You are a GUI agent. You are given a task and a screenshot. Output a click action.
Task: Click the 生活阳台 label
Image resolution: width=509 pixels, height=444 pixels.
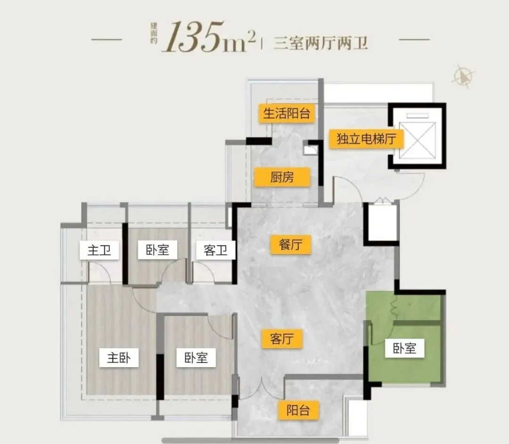pos(287,114)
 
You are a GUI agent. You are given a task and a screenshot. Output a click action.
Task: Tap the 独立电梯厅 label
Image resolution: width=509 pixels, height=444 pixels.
pos(366,139)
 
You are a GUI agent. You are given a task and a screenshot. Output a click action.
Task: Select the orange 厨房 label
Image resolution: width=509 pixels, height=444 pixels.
pos(282,177)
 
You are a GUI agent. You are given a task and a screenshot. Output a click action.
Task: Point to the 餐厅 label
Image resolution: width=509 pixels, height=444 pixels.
pos(291,245)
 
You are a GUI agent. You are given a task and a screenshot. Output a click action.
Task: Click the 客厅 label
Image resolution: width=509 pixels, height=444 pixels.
pos(282,339)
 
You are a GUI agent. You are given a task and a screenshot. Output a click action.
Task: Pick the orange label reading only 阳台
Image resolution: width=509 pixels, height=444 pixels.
pos(298,410)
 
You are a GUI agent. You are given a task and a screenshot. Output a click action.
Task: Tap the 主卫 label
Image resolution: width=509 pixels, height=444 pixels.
pos(99,250)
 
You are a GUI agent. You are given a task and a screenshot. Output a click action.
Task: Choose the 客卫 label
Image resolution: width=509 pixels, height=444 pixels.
pos(215,250)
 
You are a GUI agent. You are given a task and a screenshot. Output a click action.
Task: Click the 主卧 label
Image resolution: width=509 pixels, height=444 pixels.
pos(119,358)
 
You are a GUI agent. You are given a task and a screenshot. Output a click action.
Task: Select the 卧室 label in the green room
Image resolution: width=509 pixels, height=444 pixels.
pos(404,348)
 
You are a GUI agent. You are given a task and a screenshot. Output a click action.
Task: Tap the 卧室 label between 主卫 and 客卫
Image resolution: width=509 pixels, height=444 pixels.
pos(157,250)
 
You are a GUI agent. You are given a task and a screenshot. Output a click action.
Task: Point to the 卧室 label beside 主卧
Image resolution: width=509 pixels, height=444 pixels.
pos(196,358)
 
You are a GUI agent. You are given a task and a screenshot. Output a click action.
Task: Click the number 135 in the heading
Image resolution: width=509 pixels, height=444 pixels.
pos(194,37)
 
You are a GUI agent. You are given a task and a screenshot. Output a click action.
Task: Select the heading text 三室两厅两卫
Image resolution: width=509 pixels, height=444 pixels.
pos(321,43)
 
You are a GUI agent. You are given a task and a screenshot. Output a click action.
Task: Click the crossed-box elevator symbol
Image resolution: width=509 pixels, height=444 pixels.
pos(418,140)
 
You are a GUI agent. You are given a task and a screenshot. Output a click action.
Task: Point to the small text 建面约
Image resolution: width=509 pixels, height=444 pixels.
pos(154,33)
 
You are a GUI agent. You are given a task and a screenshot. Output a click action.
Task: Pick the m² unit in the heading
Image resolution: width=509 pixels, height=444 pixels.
pos(240,41)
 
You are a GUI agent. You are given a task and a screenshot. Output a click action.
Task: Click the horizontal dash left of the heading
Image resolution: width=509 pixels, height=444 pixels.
pos(107,40)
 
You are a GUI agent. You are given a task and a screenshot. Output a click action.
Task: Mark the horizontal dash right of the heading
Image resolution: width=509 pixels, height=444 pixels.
pos(414,40)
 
